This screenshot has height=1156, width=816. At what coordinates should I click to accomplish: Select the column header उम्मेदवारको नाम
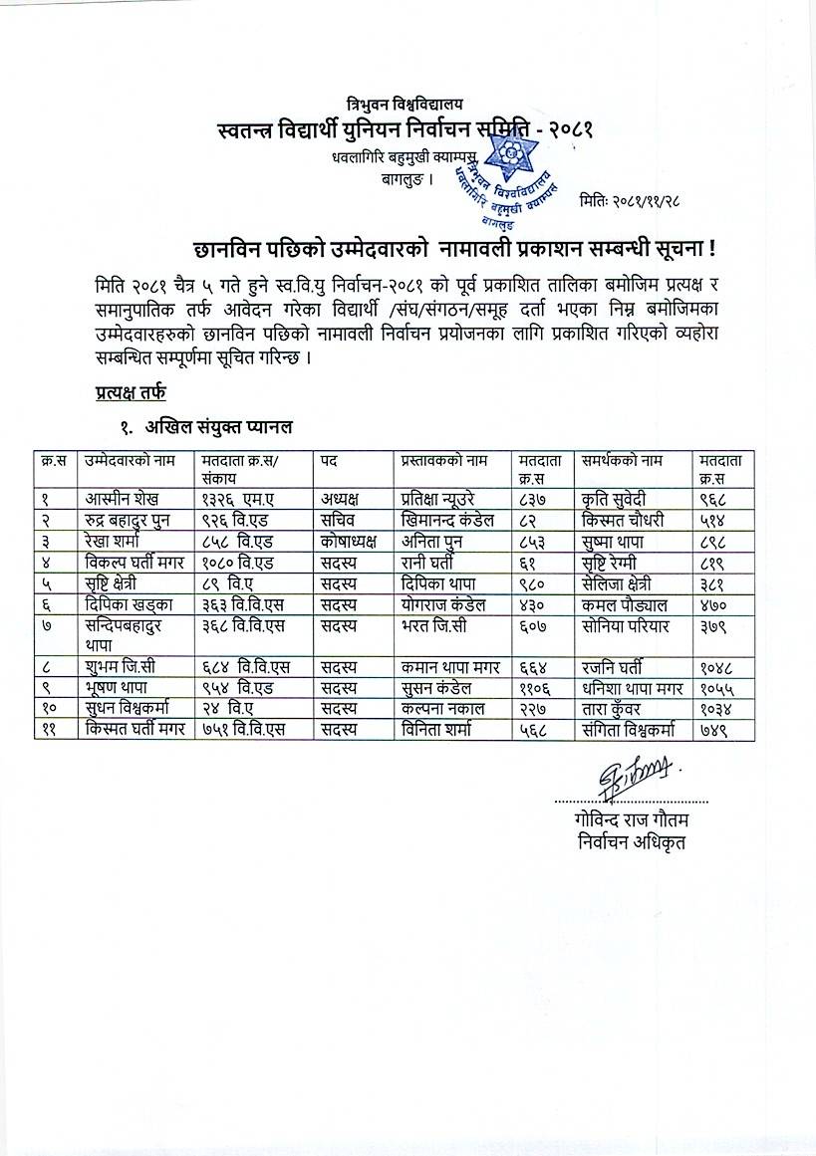[131, 460]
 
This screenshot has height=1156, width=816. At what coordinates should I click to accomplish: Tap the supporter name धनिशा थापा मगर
[634, 689]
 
